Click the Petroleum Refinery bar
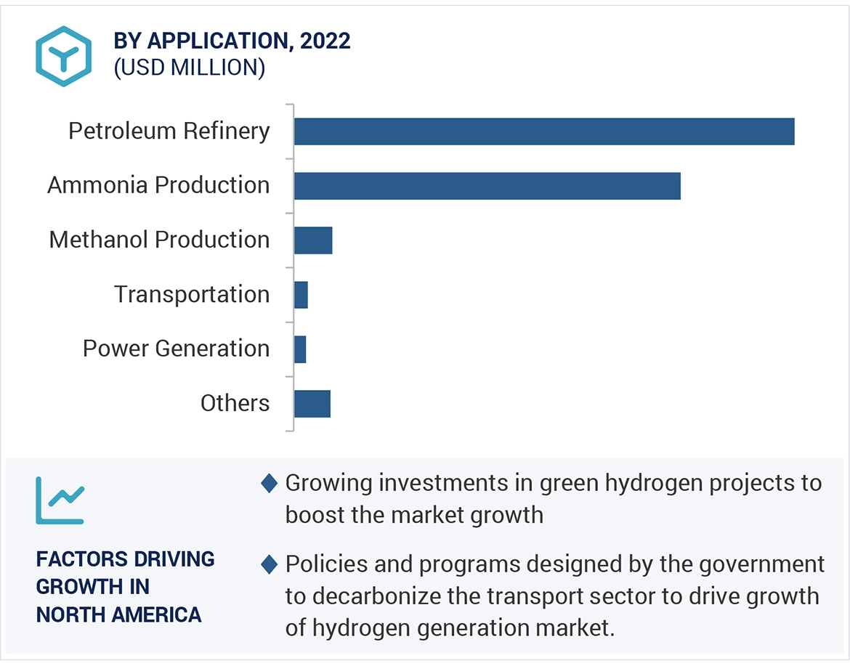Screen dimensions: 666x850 [543, 131]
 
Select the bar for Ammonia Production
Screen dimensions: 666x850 [487, 186]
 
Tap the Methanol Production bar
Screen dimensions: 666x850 [313, 240]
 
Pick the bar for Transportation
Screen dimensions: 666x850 [301, 295]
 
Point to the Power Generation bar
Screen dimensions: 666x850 [300, 349]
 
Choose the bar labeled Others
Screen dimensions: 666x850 [312, 404]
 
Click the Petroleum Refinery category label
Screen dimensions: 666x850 [169, 131]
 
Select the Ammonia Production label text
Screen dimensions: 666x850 [158, 185]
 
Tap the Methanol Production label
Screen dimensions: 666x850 [159, 240]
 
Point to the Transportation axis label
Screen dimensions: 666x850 [192, 294]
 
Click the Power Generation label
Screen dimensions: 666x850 [176, 349]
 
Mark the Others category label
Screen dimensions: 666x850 [235, 403]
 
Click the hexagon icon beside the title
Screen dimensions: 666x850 [64, 56]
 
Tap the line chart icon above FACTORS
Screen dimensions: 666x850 [60, 500]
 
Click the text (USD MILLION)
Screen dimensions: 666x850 [189, 68]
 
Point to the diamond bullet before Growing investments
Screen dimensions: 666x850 [270, 483]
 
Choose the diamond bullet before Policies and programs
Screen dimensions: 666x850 [270, 564]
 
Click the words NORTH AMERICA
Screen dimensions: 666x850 [118, 614]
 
